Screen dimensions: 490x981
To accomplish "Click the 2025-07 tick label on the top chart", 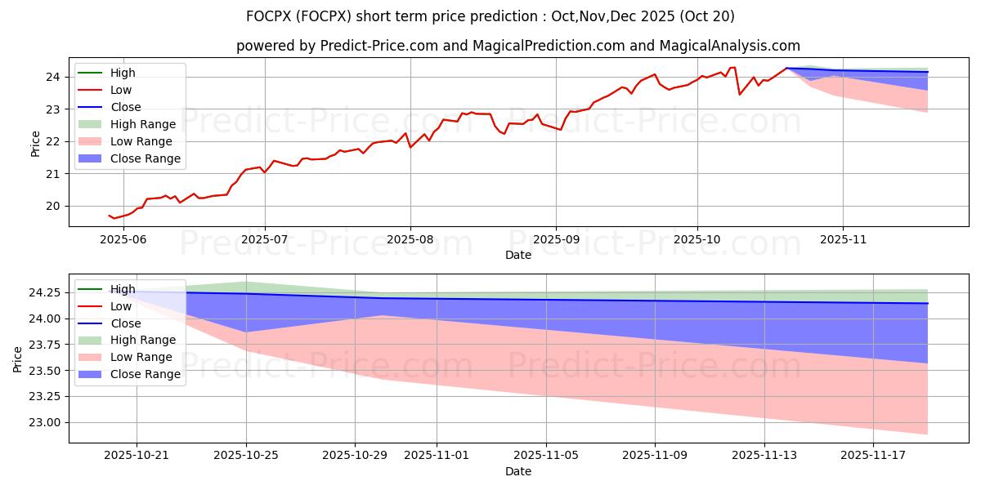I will [264, 238].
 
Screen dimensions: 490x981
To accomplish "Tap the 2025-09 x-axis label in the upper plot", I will [556, 238].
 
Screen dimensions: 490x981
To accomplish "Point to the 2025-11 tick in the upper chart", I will [842, 238].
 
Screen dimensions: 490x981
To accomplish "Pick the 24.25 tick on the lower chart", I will [47, 292].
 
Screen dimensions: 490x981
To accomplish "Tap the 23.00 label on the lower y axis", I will [47, 422].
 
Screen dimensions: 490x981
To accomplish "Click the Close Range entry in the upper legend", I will [145, 158].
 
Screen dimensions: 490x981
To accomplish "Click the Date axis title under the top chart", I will [518, 255].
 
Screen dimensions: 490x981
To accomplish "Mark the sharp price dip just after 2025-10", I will [740, 94].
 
